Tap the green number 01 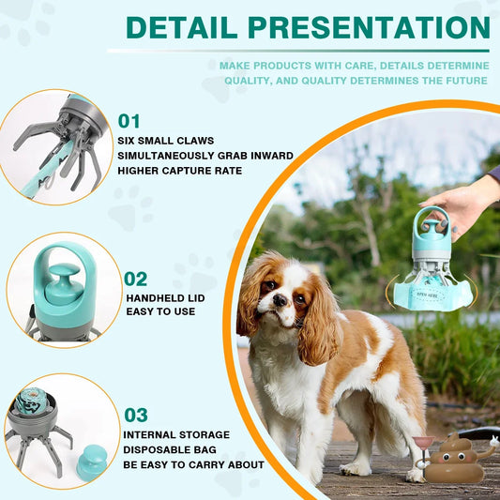129,120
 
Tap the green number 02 136,279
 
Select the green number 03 136,415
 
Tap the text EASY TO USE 160,311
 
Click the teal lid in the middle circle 62,285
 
